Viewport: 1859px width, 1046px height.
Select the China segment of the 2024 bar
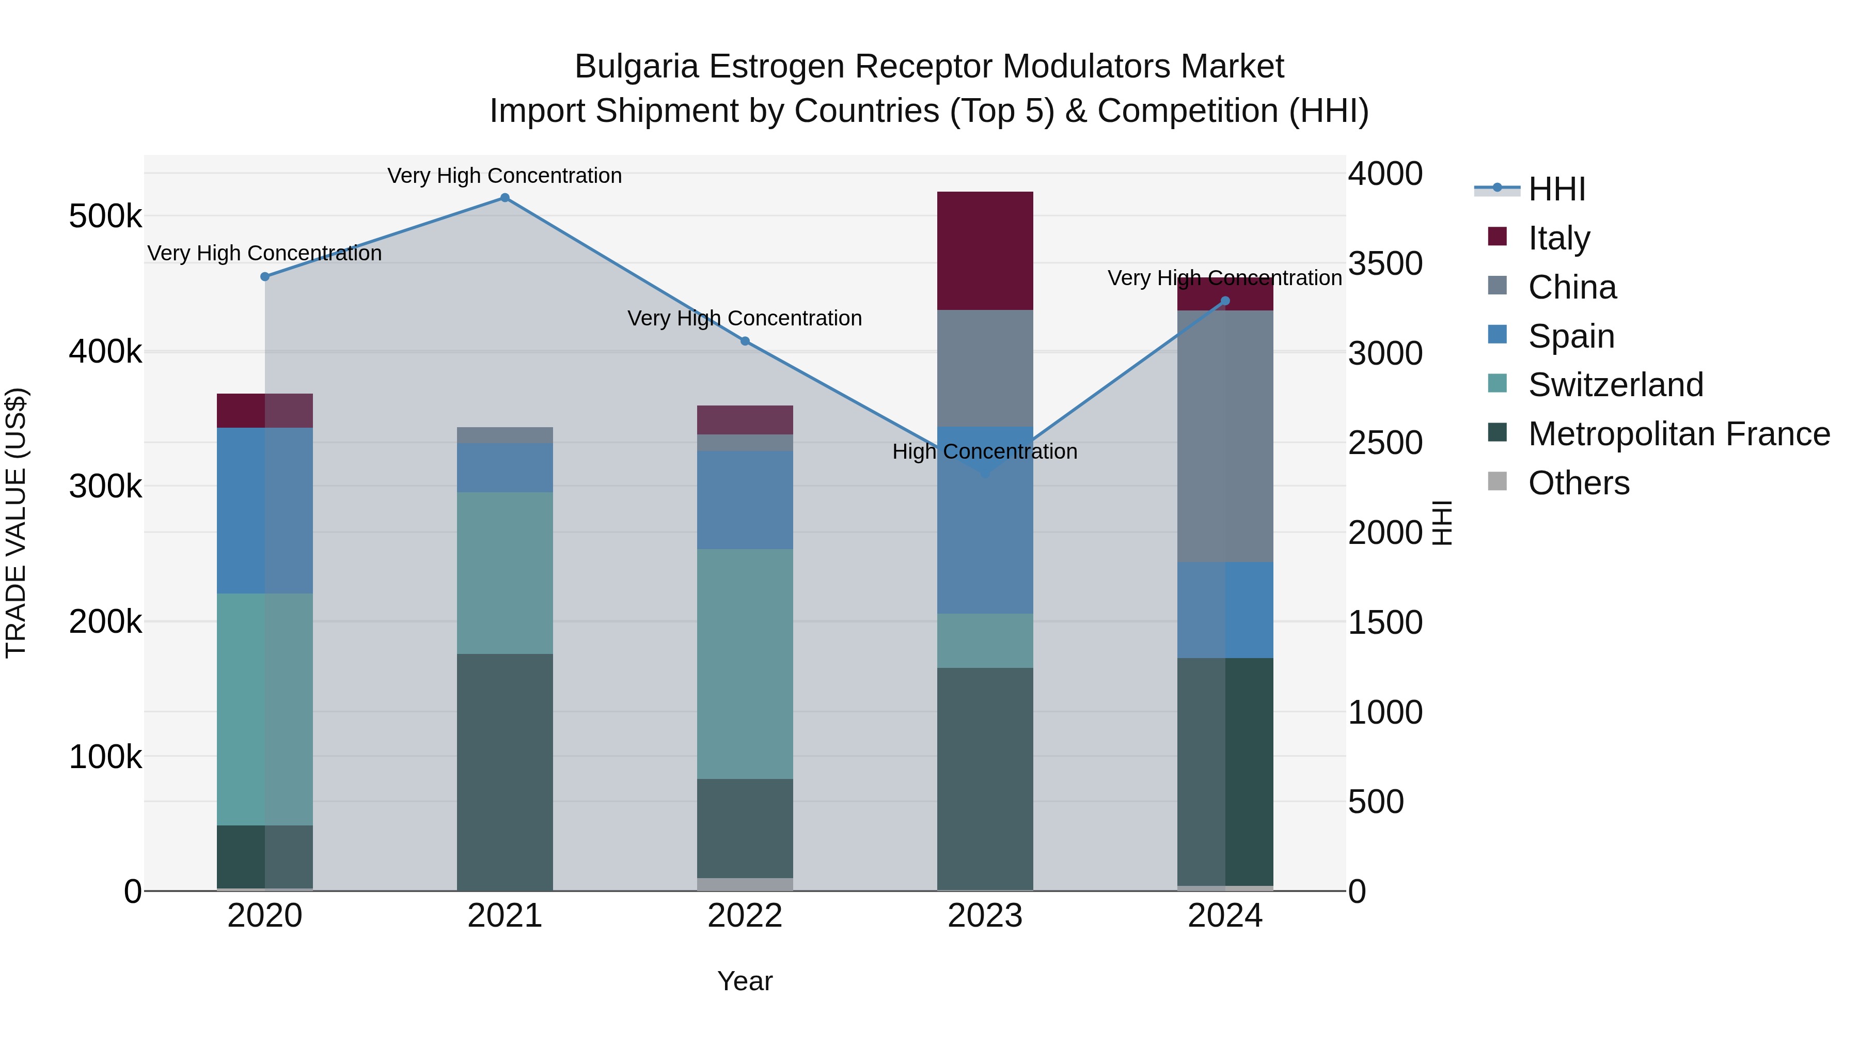pos(1225,436)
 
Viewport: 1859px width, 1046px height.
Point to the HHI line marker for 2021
pos(505,198)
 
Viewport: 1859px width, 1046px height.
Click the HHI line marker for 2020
pos(265,276)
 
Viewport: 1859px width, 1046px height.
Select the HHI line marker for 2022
pos(745,341)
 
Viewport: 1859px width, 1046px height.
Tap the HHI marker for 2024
pos(1225,301)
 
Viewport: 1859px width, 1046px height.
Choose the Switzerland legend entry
pos(1615,385)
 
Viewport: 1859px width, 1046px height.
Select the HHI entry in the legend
pos(1556,189)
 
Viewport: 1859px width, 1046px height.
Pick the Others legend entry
pos(1578,483)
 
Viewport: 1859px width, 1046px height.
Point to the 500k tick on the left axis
pos(105,216)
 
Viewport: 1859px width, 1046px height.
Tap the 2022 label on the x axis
pos(745,916)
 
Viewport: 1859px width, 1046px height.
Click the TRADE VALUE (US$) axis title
pos(16,523)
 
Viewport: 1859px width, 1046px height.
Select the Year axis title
pos(745,981)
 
